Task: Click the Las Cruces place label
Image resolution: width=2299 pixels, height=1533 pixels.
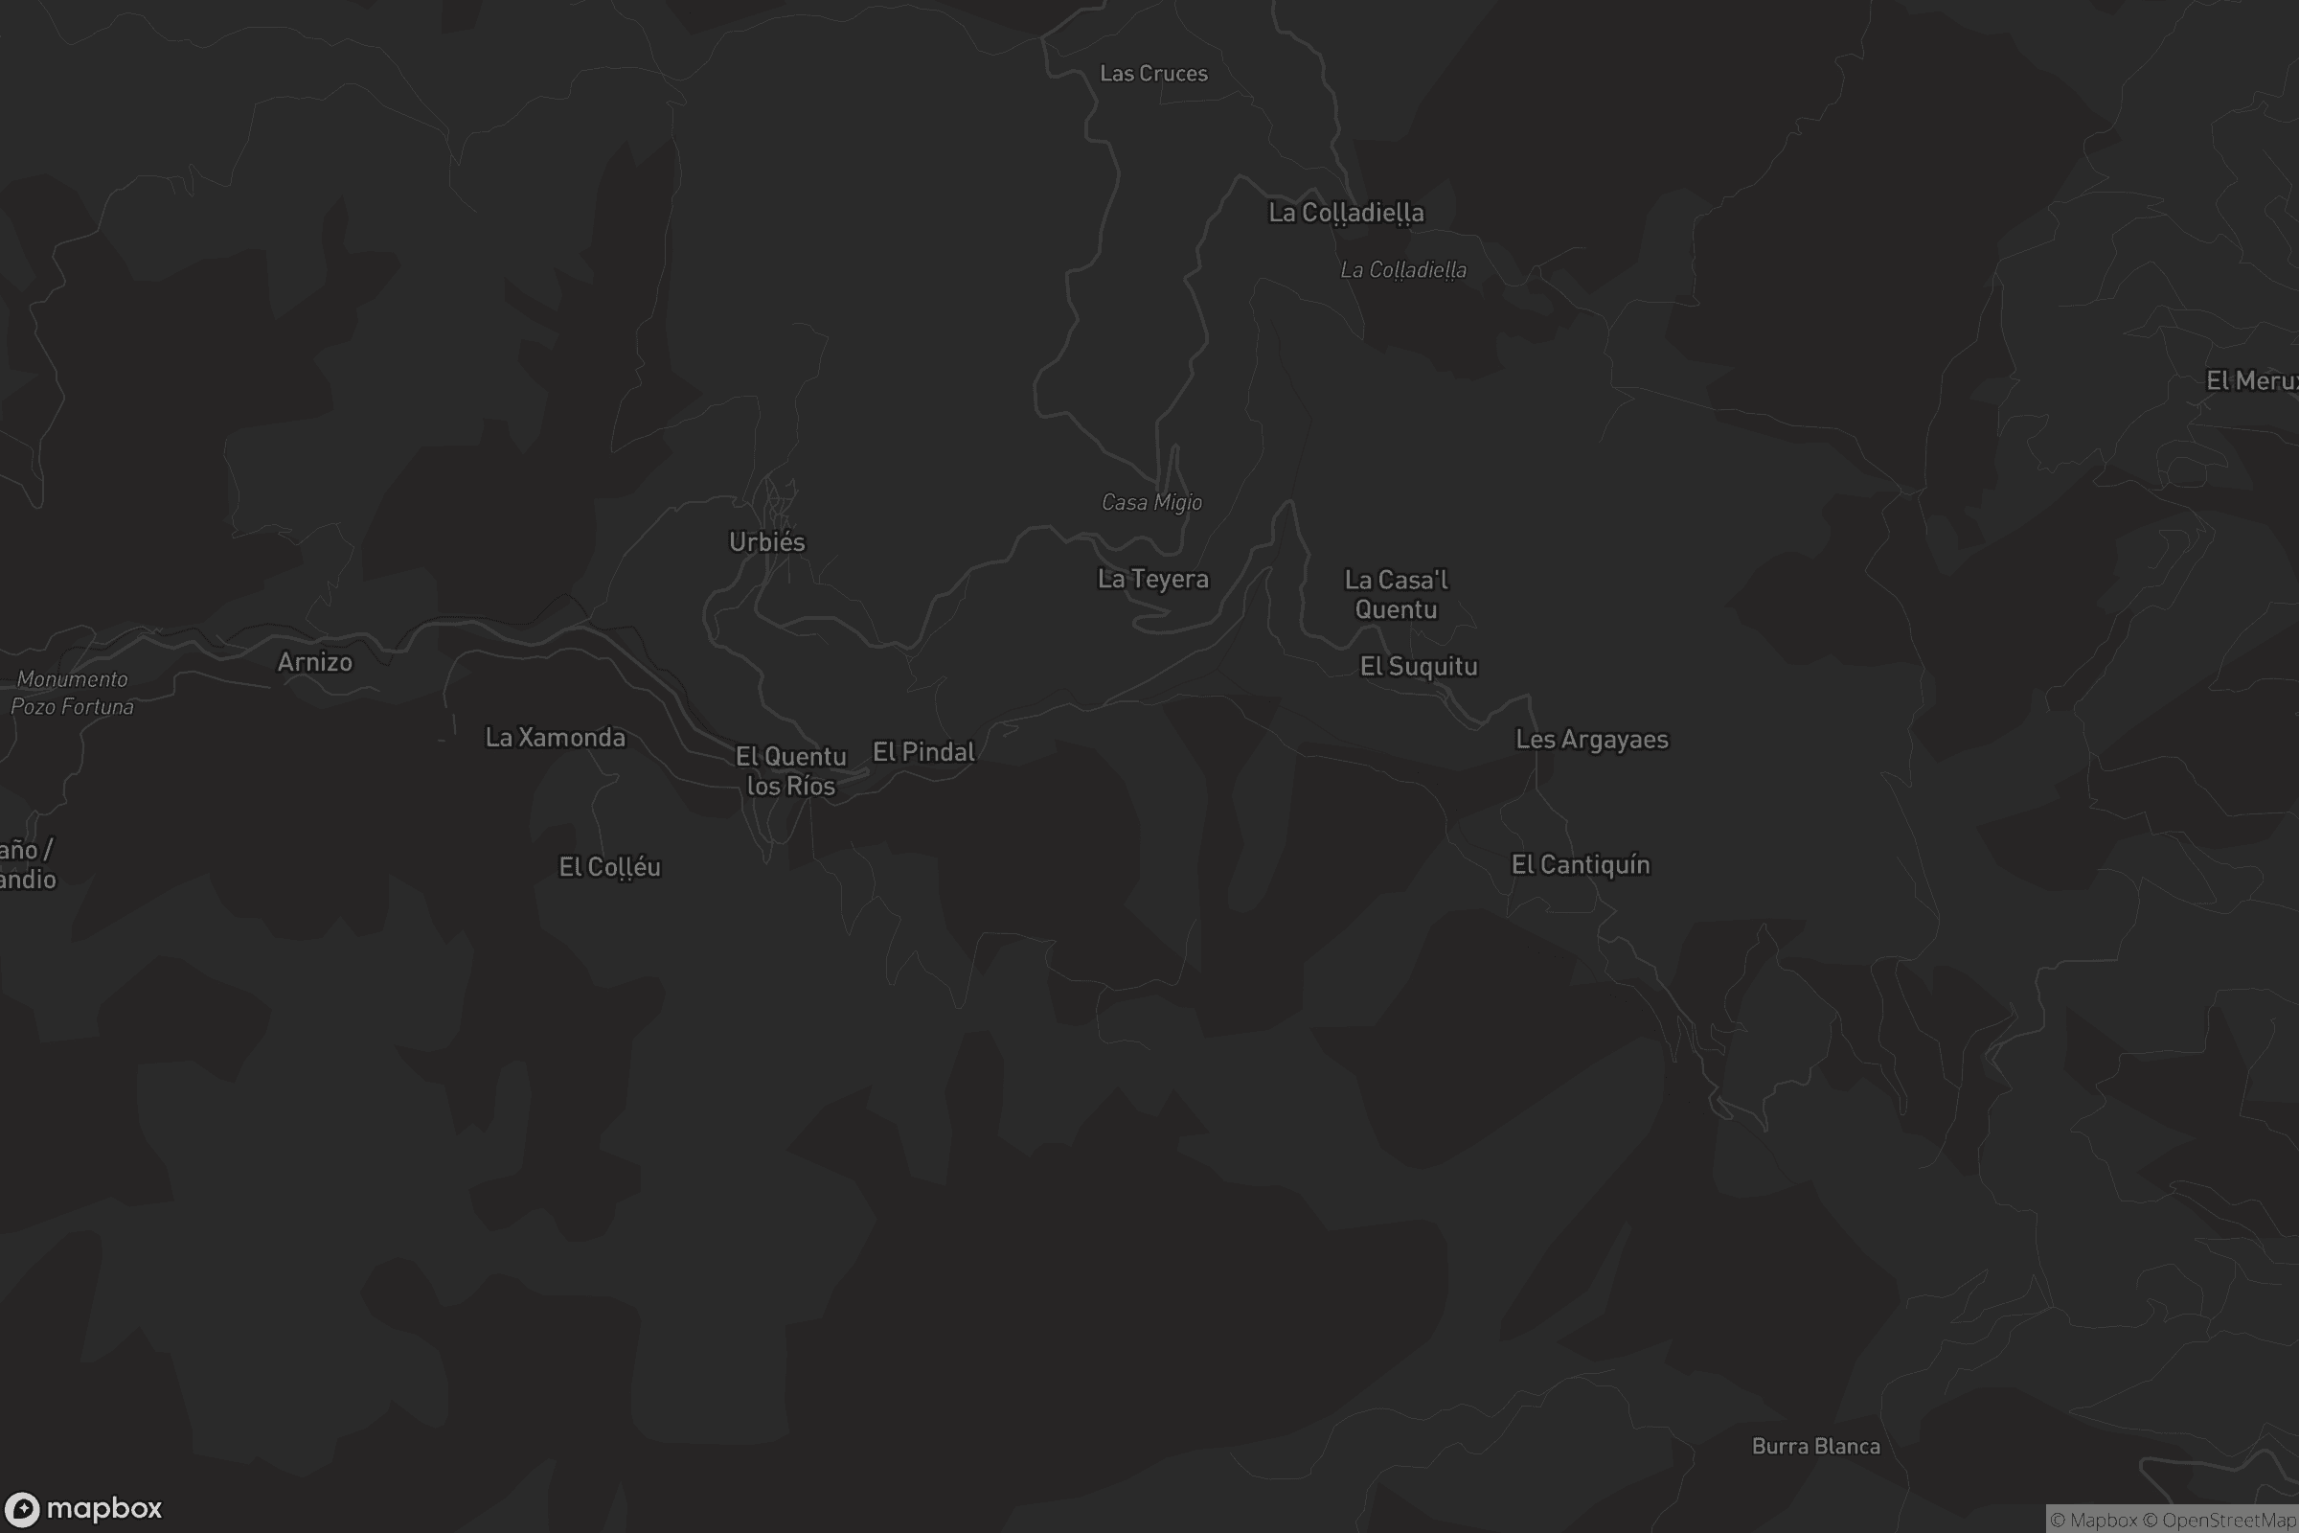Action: tap(1153, 74)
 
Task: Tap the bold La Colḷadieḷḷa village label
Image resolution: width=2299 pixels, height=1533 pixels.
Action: tap(1346, 213)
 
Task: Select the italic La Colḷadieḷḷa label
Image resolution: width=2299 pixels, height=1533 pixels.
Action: tap(1402, 270)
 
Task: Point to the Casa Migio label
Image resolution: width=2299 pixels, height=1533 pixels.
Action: tap(1151, 502)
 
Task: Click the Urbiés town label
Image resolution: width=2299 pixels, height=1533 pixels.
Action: tap(767, 541)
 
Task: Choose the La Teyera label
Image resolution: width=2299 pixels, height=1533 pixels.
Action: tap(1153, 579)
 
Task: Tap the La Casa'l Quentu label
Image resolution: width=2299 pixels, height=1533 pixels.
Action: tap(1396, 594)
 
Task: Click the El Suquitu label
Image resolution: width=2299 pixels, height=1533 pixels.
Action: tap(1419, 667)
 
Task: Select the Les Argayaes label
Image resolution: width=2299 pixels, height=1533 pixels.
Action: tap(1591, 739)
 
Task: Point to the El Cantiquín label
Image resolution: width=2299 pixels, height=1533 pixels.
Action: tap(1581, 864)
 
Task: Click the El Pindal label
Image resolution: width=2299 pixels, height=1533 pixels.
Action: tap(923, 752)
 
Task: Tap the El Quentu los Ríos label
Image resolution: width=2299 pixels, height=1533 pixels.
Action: tap(791, 770)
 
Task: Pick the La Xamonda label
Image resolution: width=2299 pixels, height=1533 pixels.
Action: tap(556, 737)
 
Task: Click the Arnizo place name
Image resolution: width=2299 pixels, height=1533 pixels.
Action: tap(315, 662)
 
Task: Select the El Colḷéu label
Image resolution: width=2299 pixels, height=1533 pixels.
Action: tap(610, 867)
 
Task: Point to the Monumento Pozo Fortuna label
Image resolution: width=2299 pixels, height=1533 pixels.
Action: tap(73, 692)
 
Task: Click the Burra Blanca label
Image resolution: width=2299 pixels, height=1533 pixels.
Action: tap(1815, 1446)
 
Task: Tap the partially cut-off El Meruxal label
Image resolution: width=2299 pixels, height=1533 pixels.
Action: tap(2251, 380)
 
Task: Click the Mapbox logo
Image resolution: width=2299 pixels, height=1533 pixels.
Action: tap(83, 1508)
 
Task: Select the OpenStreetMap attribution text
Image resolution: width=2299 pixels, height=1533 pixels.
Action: tap(2229, 1520)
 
